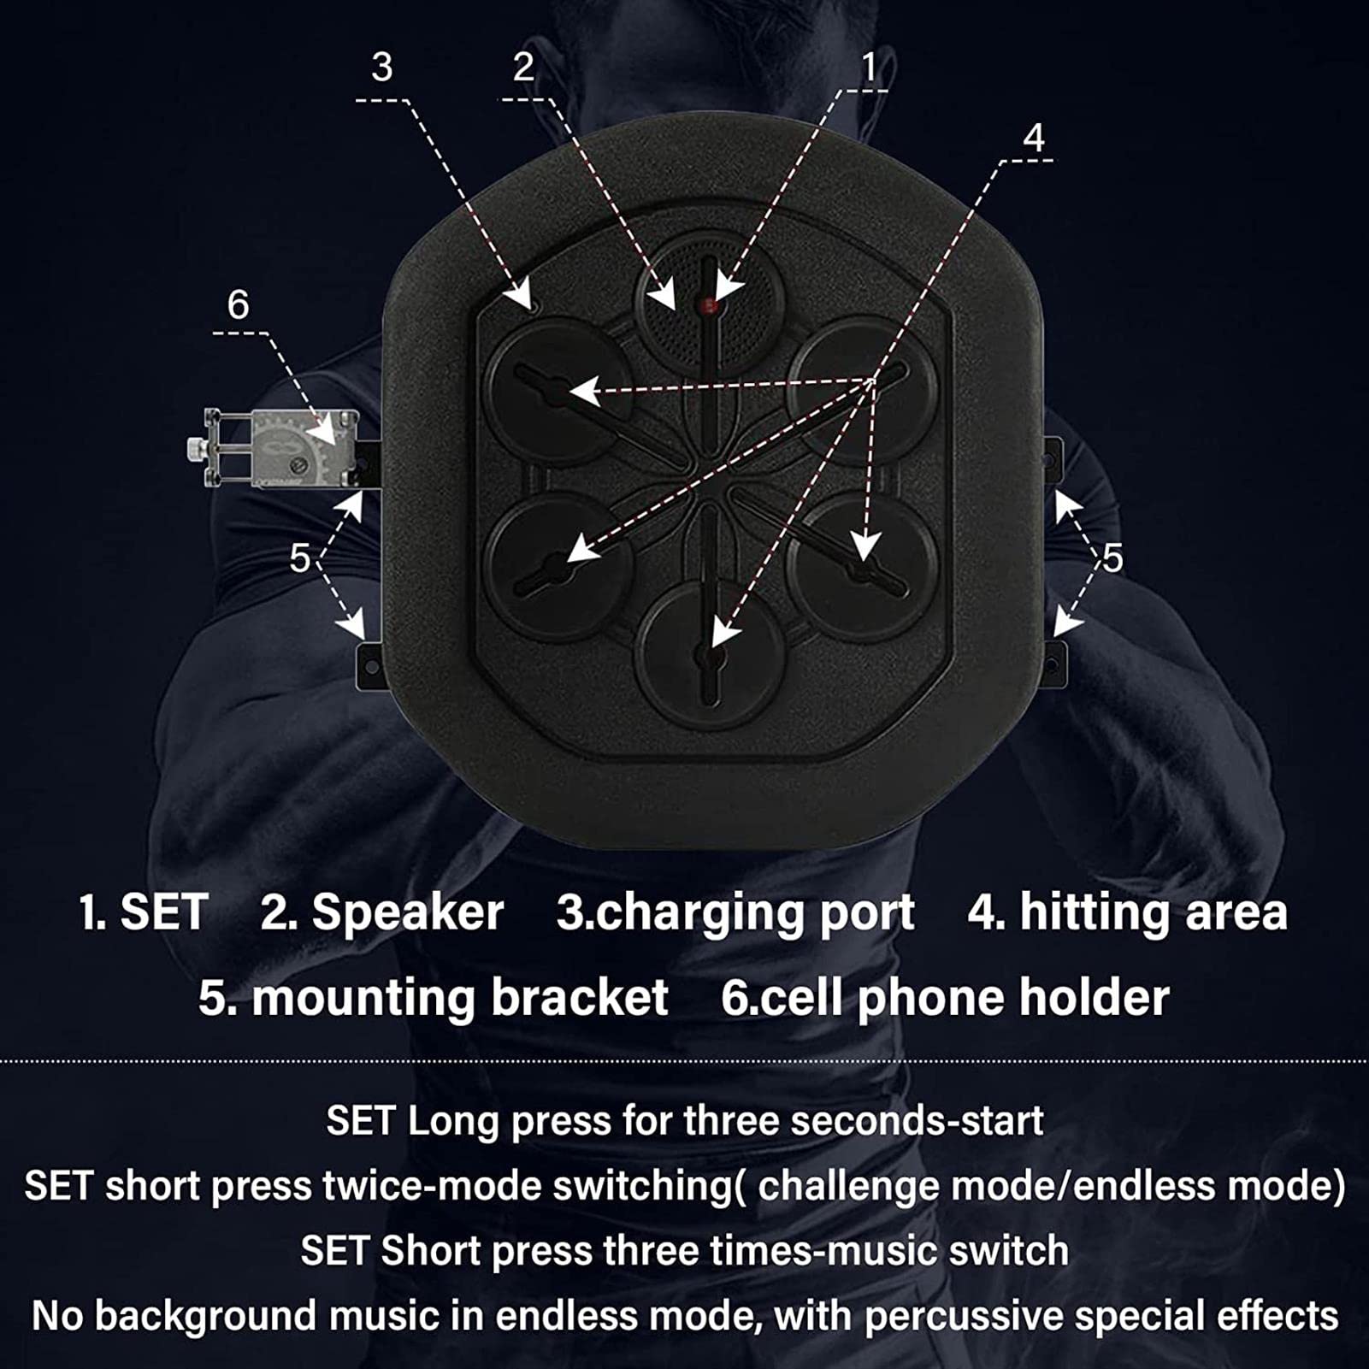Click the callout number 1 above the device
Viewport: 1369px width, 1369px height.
point(869,67)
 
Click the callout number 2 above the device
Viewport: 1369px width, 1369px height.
point(523,67)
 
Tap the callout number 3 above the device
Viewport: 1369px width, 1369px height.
point(382,67)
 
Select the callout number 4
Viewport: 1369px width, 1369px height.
point(1034,138)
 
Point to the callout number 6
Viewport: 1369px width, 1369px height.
point(238,304)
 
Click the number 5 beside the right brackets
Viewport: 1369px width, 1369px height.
point(1112,558)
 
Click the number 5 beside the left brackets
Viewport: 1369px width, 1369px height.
point(299,558)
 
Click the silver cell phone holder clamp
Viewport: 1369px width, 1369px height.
point(274,448)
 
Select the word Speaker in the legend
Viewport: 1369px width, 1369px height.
point(407,912)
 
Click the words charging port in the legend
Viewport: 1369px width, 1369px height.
point(754,912)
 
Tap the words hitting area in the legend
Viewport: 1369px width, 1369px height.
point(1154,912)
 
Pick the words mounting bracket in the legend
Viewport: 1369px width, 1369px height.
point(460,998)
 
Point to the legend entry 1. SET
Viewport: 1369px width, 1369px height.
point(144,912)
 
